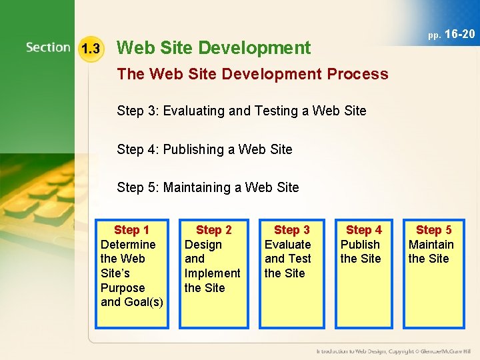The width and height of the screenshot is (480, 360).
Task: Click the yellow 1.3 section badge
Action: click(x=90, y=49)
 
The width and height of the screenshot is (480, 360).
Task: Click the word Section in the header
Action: click(x=48, y=47)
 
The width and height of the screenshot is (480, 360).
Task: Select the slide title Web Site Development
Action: click(x=213, y=48)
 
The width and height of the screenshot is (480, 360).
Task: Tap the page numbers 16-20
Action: click(x=459, y=34)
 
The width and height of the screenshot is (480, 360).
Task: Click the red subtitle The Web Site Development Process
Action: click(x=252, y=74)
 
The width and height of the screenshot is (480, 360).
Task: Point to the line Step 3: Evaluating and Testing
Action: click(x=241, y=111)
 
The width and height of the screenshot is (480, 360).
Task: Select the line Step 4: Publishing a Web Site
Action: click(x=204, y=149)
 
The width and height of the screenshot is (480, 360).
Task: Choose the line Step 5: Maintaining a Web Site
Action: click(x=207, y=187)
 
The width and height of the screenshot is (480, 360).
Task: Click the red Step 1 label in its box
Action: click(x=131, y=230)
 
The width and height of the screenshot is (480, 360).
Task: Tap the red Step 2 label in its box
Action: click(x=213, y=230)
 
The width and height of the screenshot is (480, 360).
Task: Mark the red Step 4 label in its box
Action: click(x=364, y=230)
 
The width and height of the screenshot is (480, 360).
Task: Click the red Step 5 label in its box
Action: click(x=433, y=230)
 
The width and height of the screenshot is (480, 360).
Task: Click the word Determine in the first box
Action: click(x=127, y=245)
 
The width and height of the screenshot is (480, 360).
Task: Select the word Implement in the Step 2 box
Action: click(x=212, y=273)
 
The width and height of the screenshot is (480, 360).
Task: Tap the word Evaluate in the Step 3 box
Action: click(x=287, y=245)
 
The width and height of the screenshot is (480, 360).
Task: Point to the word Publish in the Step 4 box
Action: click(x=360, y=245)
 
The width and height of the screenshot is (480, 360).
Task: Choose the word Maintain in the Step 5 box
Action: click(x=431, y=245)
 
